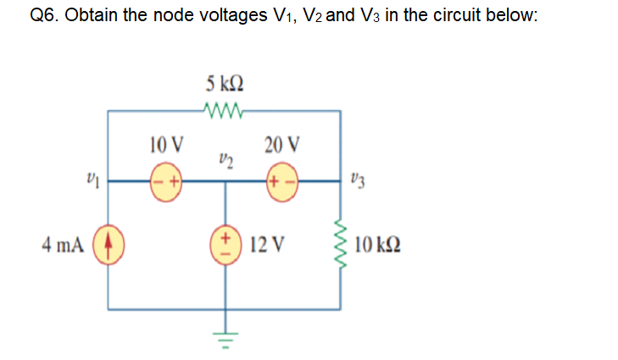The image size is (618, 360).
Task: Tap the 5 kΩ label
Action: (x=225, y=85)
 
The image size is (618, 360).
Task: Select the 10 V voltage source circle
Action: (x=166, y=180)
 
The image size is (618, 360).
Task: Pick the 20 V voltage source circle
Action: (x=281, y=180)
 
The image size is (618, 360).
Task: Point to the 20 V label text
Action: (x=281, y=144)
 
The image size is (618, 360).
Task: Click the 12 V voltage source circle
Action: (x=225, y=245)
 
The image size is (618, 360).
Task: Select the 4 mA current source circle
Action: (x=108, y=246)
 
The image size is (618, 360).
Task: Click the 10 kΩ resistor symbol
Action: (x=341, y=246)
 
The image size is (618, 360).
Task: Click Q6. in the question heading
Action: (x=40, y=19)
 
